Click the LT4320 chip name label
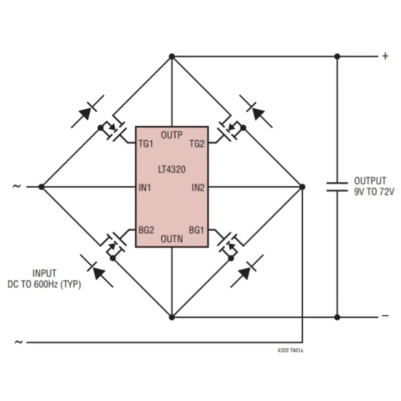click(x=171, y=170)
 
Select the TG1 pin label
click(x=145, y=144)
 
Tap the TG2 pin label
click(x=197, y=144)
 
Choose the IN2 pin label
click(x=198, y=187)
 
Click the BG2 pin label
click(x=146, y=230)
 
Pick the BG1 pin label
click(x=197, y=230)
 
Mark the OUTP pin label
click(x=171, y=134)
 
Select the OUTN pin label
click(x=171, y=240)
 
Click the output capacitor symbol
click(x=337, y=186)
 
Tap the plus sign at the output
click(x=385, y=56)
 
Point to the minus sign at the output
click(x=385, y=316)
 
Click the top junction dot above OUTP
click(x=171, y=57)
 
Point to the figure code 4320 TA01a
click(x=290, y=350)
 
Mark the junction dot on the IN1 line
click(x=42, y=186)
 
